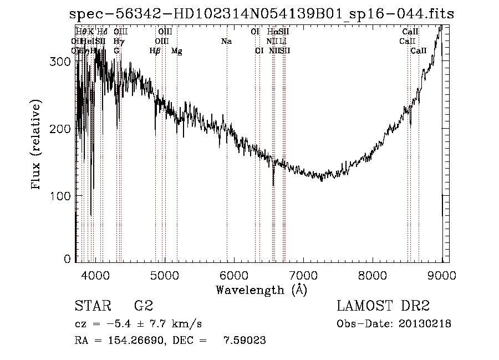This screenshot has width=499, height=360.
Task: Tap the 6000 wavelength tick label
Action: point(233,275)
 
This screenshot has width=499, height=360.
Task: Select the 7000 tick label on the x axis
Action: point(303,275)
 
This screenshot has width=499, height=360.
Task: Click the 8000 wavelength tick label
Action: point(372,275)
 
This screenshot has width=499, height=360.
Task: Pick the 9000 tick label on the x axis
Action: point(441,275)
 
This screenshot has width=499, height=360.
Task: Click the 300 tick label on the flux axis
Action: point(60,62)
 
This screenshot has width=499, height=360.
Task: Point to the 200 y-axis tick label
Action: point(60,129)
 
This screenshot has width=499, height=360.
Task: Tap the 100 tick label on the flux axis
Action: point(60,196)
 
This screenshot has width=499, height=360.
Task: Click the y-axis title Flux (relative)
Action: point(37,145)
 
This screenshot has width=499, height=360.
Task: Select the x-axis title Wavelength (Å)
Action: point(261,290)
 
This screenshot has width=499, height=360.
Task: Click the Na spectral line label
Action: point(226,41)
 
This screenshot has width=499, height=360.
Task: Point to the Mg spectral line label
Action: point(176,51)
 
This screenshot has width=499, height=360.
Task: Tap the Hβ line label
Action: point(155,50)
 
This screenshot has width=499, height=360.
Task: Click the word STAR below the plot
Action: point(92,306)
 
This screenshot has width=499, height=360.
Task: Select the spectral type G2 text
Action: point(143,306)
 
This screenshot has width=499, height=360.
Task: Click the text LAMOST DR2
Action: point(383,306)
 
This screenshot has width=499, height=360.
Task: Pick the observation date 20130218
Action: point(425,323)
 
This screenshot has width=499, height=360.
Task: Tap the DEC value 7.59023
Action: point(245,341)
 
